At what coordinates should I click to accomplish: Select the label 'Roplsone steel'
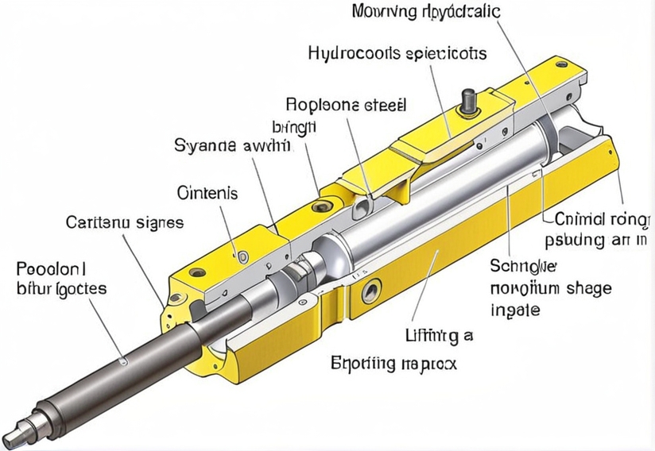tap(345, 104)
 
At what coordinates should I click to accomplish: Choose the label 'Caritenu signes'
tap(124, 222)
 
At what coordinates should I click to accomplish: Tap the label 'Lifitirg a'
tap(437, 336)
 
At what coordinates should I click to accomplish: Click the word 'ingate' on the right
tap(516, 309)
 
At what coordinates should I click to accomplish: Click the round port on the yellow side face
tap(370, 292)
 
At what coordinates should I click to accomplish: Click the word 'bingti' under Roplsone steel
tap(294, 126)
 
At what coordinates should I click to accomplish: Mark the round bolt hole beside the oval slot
tap(321, 206)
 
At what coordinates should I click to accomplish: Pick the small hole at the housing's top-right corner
tap(562, 64)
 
